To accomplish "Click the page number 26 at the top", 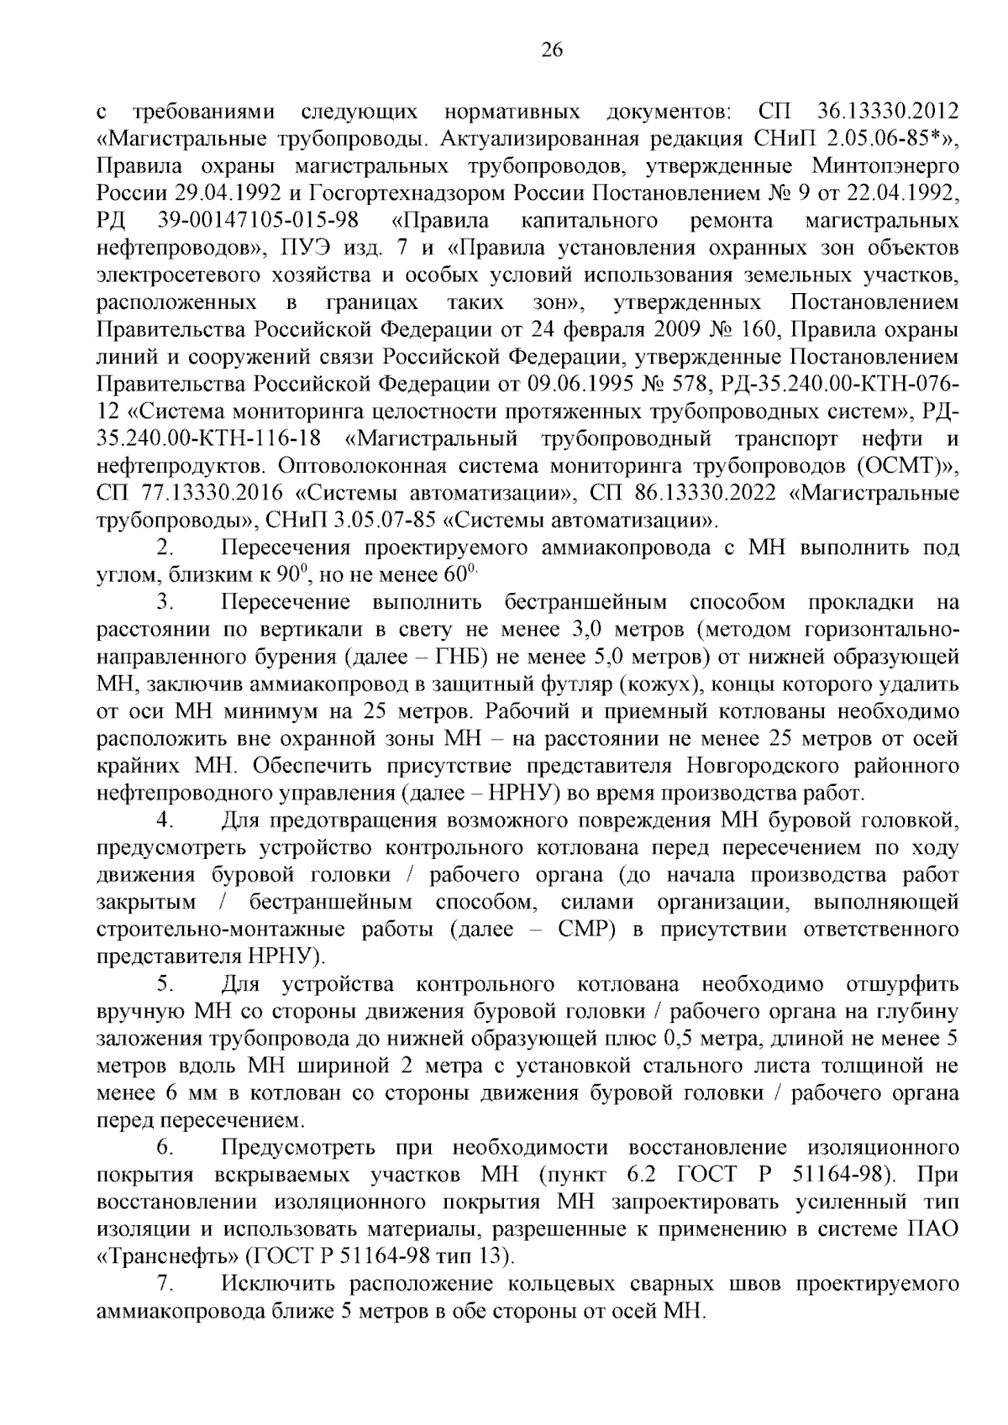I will tap(551, 50).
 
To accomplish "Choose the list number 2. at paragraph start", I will tap(165, 548).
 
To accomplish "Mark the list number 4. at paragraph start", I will tap(165, 820).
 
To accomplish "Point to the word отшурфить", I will tap(898, 983).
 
